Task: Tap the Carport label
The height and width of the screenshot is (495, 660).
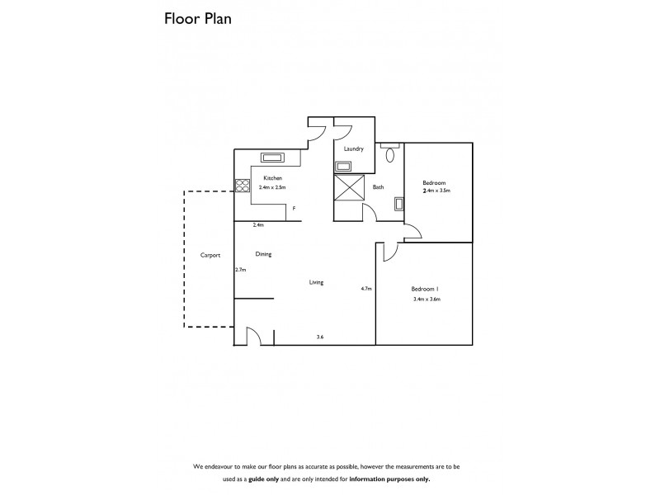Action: coord(210,256)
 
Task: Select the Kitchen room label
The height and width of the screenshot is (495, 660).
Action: coord(272,178)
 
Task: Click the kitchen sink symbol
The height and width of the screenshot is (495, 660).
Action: coord(272,158)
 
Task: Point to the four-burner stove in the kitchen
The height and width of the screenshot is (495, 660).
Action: coord(243,186)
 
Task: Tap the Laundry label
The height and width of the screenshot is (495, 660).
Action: coord(354,149)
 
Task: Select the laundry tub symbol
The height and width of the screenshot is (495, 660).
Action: coord(342,166)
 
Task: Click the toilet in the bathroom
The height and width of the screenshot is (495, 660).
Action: coord(390,153)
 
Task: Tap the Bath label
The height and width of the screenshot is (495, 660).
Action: coord(378,187)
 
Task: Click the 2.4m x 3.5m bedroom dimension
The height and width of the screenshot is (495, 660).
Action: coord(436,191)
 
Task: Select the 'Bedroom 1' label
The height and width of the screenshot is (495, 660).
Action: coord(425,288)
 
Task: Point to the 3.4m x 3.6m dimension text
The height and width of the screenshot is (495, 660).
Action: coord(427,299)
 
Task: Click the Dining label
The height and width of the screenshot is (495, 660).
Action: coord(263,254)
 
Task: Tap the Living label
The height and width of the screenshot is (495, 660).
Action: coord(316,282)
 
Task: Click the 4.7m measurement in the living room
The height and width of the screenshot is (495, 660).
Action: coord(366,289)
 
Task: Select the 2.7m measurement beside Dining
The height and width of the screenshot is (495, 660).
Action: coord(241,270)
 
